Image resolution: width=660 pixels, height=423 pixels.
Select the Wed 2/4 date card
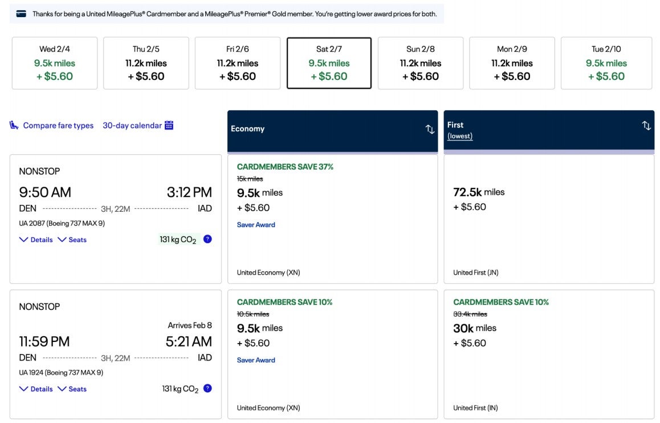(55, 63)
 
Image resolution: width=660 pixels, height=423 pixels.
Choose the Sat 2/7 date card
(329, 63)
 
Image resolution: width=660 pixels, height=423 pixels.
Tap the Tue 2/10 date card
(606, 63)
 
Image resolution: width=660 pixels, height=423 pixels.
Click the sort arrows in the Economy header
(430, 129)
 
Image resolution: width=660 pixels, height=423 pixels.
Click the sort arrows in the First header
(646, 126)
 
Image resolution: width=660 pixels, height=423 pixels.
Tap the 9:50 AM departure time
(45, 192)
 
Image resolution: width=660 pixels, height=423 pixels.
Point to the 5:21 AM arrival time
(189, 341)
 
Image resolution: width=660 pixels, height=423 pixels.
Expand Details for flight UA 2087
(36, 240)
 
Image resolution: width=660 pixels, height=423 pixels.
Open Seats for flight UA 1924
(72, 389)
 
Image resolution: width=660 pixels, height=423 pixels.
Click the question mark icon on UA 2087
(207, 239)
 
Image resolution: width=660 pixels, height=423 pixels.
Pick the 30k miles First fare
(474, 328)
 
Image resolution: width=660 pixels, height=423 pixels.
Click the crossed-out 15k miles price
(250, 179)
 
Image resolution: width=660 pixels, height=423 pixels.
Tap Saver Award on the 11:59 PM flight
(256, 360)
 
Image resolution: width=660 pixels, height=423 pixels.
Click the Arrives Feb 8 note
(189, 325)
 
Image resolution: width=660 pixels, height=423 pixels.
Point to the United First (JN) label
(475, 272)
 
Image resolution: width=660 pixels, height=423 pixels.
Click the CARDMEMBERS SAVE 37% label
(285, 167)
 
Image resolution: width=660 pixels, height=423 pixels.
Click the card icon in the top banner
(21, 14)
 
